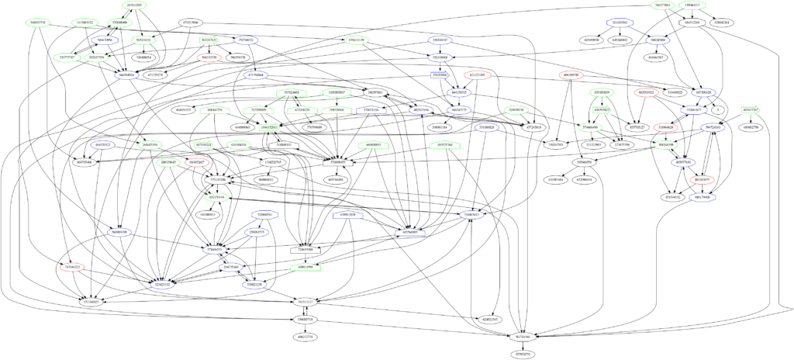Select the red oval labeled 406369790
(x=575, y=75)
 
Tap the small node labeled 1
(x=718, y=110)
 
